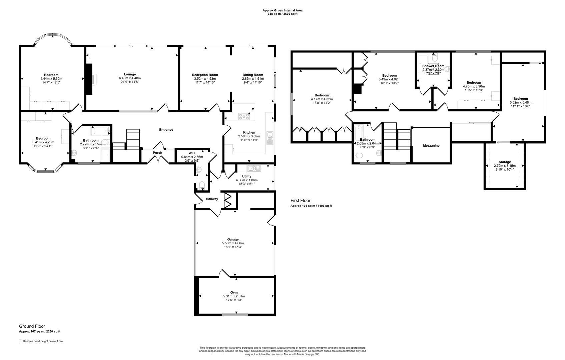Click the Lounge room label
pyautogui.click(x=130, y=74)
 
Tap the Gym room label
pyautogui.click(x=234, y=292)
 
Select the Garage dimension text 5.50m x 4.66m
pyautogui.click(x=233, y=243)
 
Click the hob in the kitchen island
pyautogui.click(x=244, y=116)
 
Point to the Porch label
pyautogui.click(x=157, y=153)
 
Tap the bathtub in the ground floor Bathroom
pyautogui.click(x=100, y=131)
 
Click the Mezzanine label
pyautogui.click(x=431, y=146)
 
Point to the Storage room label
pyautogui.click(x=504, y=162)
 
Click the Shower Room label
pyautogui.click(x=433, y=66)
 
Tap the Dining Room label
pyautogui.click(x=252, y=75)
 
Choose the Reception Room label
pyautogui.click(x=205, y=75)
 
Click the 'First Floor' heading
pyautogui.click(x=300, y=201)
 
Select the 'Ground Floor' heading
pyautogui.click(x=32, y=326)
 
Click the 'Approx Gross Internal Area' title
pyautogui.click(x=282, y=10)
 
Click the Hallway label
pyautogui.click(x=212, y=199)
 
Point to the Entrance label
pyautogui.click(x=166, y=130)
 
